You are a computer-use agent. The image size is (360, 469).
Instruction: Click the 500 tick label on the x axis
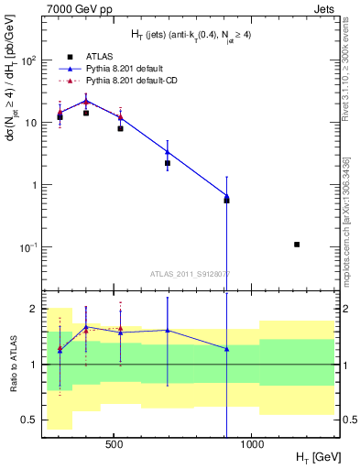pyautogui.click(x=115, y=450)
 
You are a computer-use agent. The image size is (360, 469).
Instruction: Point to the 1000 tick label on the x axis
pyautogui.click(x=253, y=450)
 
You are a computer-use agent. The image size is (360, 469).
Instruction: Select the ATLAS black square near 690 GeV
pyautogui.click(x=168, y=163)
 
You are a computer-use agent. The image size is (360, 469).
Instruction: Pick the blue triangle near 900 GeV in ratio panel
pyautogui.click(x=226, y=349)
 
